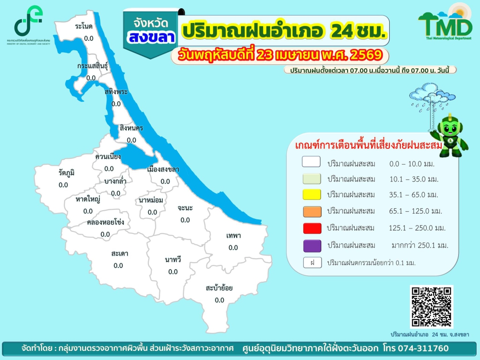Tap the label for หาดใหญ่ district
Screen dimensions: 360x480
[88, 199]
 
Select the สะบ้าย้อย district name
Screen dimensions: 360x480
[219, 288]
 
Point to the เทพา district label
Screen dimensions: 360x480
[233, 236]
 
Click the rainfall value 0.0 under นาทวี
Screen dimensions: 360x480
[173, 272]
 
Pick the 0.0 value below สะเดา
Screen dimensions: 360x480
[118, 265]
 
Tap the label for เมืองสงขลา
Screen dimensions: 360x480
[163, 169]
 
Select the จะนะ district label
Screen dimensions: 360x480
[185, 208]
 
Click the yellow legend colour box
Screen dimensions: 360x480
[311, 194]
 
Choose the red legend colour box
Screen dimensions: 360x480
[311, 228]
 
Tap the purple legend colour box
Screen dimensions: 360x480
[311, 245]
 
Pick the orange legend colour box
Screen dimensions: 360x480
[311, 211]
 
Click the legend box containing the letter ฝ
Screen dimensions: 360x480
[311, 263]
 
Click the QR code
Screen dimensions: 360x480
[432, 306]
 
